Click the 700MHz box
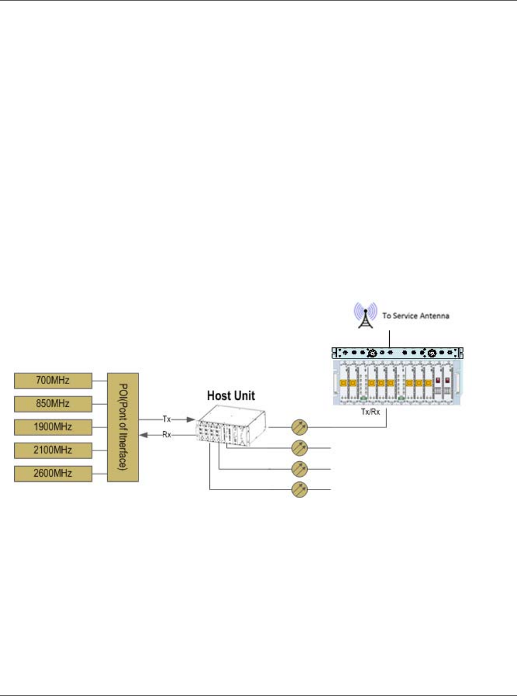click(x=52, y=380)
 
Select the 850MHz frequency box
click(x=52, y=404)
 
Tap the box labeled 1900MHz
click(x=52, y=427)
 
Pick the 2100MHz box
click(x=52, y=450)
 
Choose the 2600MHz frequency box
click(x=52, y=474)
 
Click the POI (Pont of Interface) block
click(x=123, y=427)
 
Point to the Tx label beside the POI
click(x=167, y=419)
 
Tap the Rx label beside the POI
click(x=167, y=435)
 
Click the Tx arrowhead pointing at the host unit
click(x=191, y=420)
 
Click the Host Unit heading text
click(x=231, y=396)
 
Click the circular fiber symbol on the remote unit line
click(x=300, y=426)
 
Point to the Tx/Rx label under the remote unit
click(x=370, y=412)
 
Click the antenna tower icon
click(x=365, y=315)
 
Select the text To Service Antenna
click(x=416, y=316)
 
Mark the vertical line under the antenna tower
click(x=390, y=339)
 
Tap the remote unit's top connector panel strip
click(x=397, y=353)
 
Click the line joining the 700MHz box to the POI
click(x=100, y=380)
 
